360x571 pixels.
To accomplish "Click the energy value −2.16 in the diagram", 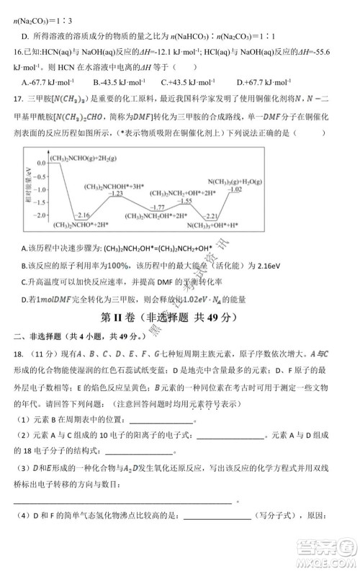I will [82, 215].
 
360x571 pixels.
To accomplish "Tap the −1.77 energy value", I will [168, 207].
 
